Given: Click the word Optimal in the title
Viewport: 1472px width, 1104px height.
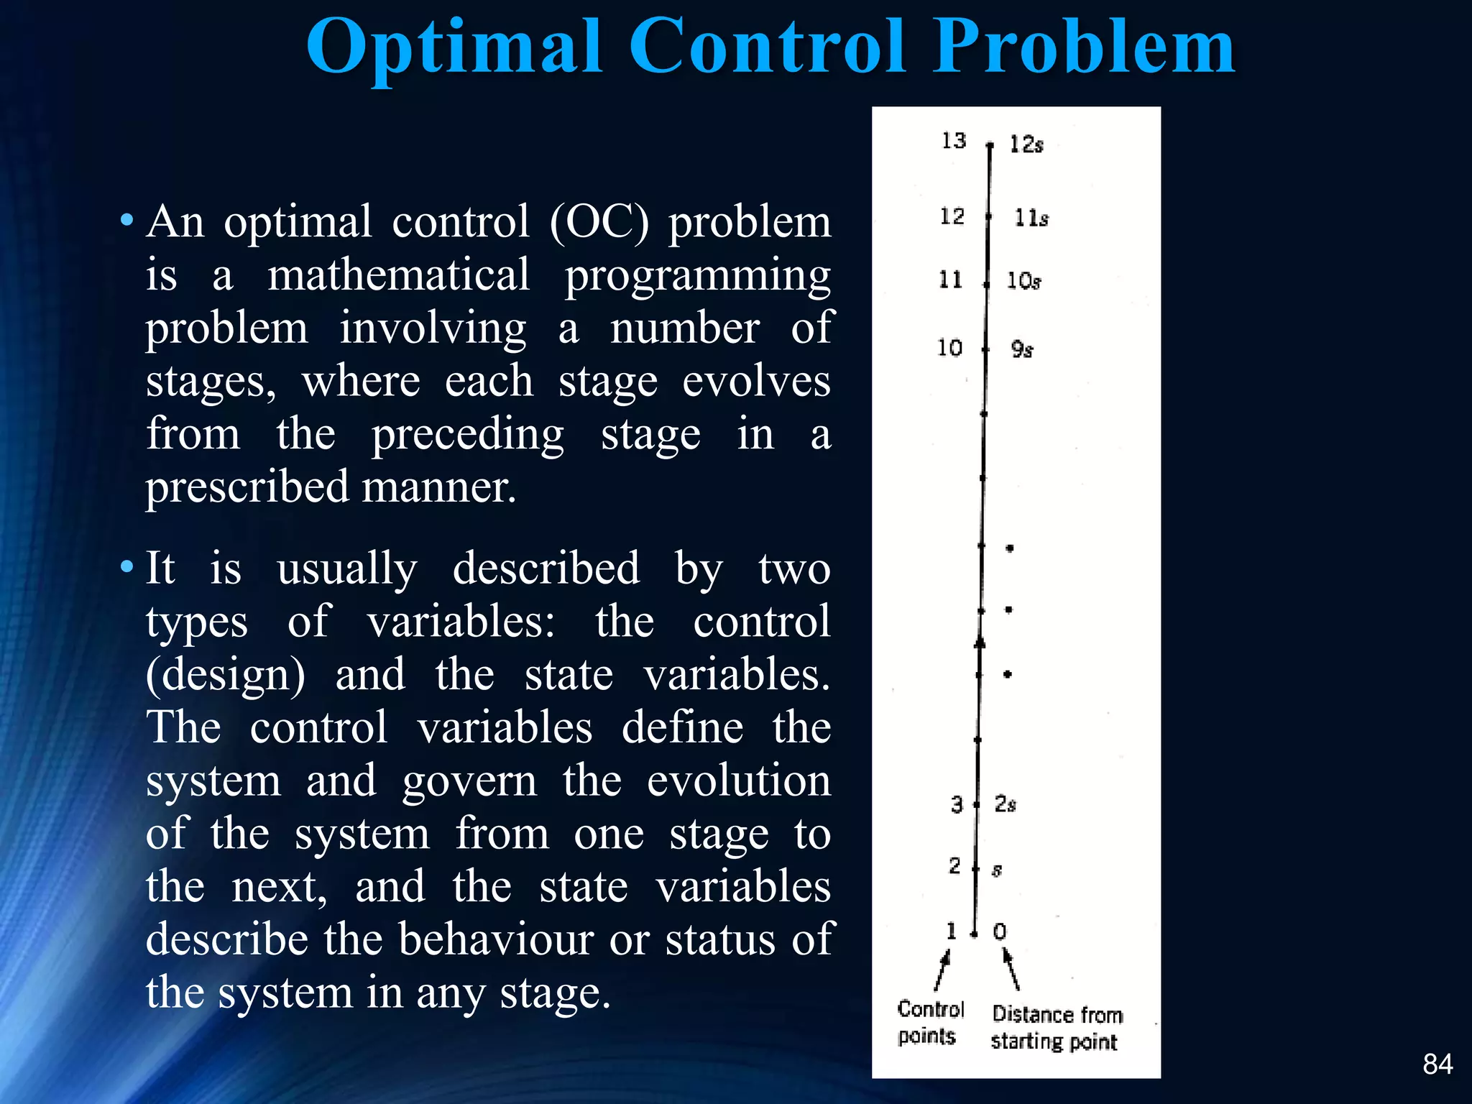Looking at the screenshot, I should coord(454,47).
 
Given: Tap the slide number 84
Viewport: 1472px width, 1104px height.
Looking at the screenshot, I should coord(1437,1064).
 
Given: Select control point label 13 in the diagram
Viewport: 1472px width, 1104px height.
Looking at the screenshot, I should coord(954,141).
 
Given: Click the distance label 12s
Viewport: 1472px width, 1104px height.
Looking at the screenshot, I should coord(1026,144).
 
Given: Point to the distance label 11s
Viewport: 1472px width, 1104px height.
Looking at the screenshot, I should coord(1031,218).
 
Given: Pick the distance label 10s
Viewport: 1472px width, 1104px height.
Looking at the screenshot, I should coord(1023,281).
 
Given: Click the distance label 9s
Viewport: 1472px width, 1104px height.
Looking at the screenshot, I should coord(1022,349).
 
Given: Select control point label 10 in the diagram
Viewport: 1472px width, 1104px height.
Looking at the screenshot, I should coord(949,348).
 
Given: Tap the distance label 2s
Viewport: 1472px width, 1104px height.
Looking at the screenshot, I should coord(1005,804).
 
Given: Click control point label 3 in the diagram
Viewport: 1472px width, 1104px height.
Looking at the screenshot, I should coord(957,804).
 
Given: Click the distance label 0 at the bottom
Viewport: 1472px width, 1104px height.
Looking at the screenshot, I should coord(1000,932).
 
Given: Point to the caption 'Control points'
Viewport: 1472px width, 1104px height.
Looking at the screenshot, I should coord(929,1022).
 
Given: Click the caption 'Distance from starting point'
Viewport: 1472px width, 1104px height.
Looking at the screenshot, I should coord(1056,1028).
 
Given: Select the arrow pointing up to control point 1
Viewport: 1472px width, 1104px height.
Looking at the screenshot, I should coord(942,970).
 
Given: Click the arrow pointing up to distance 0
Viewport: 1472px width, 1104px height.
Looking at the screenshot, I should coord(1011,970).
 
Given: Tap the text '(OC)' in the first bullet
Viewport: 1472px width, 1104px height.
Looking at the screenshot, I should coord(599,222).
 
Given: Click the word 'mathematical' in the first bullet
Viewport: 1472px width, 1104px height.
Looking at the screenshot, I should coord(398,275).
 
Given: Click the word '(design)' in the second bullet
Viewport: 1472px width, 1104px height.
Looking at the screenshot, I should coord(226,675).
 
